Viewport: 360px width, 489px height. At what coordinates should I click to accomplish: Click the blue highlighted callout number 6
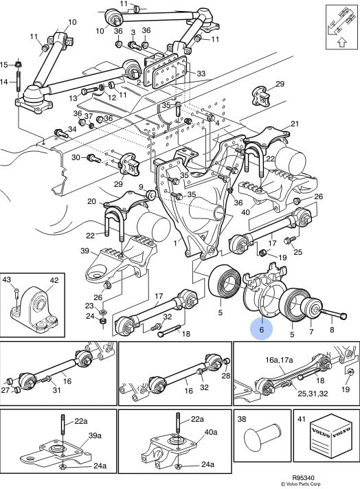[x=261, y=330]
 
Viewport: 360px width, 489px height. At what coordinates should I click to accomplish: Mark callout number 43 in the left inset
[x=8, y=280]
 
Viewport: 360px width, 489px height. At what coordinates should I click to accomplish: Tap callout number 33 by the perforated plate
[x=201, y=73]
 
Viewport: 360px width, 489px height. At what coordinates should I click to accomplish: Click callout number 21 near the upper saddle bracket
[x=295, y=124]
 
